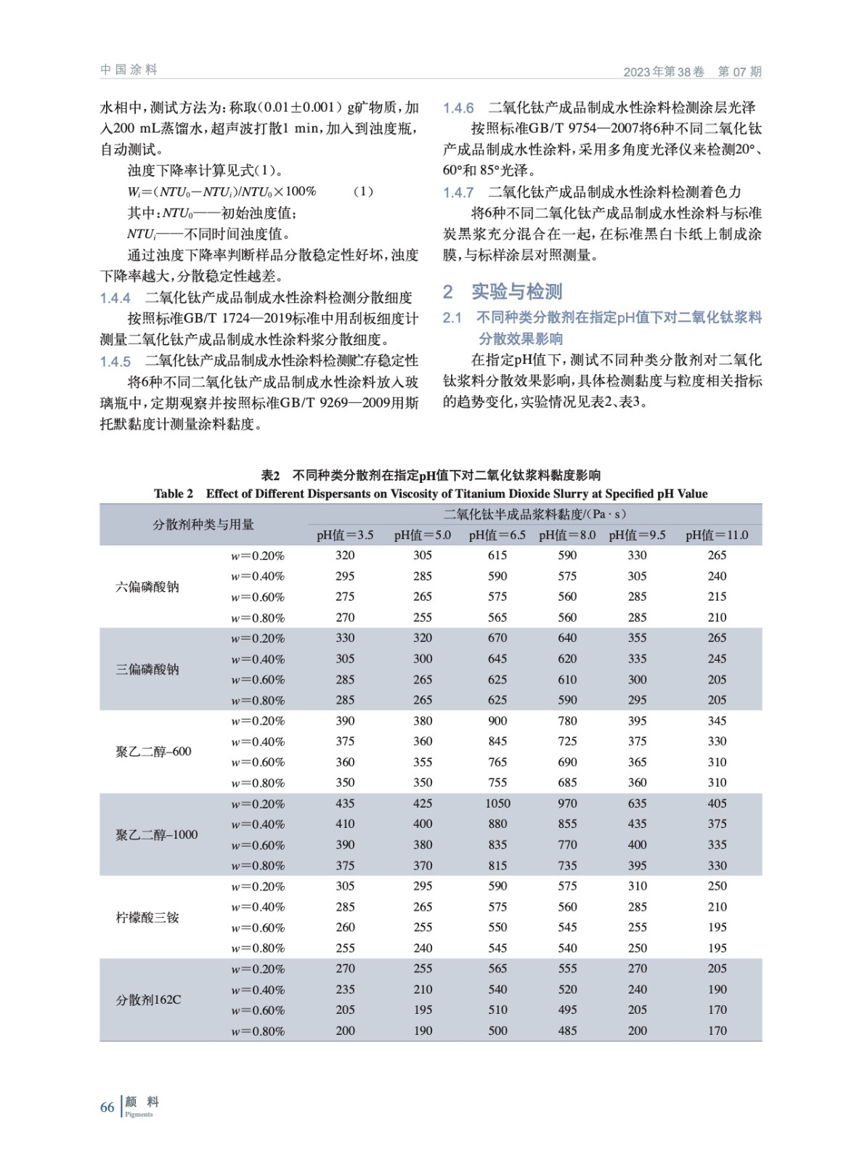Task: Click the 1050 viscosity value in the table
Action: (x=497, y=803)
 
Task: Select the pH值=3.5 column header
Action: (x=345, y=535)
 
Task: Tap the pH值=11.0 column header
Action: (x=717, y=535)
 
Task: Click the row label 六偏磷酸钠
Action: (x=147, y=587)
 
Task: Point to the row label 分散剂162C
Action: (x=149, y=1000)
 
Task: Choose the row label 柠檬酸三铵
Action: (x=147, y=917)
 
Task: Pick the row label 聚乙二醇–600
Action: (x=153, y=752)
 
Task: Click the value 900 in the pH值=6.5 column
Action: (x=497, y=721)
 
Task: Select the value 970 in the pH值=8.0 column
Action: (x=567, y=803)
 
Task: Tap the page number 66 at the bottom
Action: (x=107, y=1108)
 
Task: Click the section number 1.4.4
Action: (x=115, y=298)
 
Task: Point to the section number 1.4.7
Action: (x=458, y=192)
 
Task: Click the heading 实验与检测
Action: (x=516, y=292)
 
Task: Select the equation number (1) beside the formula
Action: (x=363, y=192)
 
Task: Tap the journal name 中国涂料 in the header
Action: (x=129, y=70)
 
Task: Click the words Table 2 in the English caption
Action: (x=174, y=494)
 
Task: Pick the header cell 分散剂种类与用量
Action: (x=203, y=524)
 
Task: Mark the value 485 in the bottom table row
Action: (x=567, y=1031)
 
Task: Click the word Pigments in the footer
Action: (x=139, y=1115)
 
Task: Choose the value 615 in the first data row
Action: (x=497, y=556)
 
